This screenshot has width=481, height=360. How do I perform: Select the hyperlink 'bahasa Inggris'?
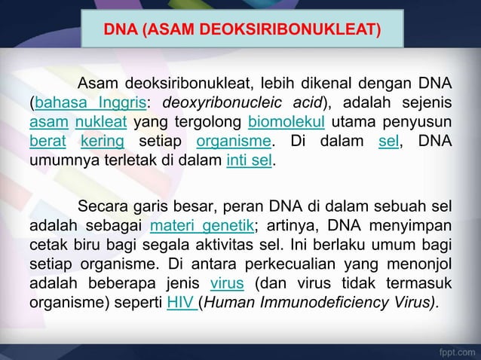(x=78, y=102)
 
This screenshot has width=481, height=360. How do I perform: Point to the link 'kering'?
(x=103, y=141)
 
